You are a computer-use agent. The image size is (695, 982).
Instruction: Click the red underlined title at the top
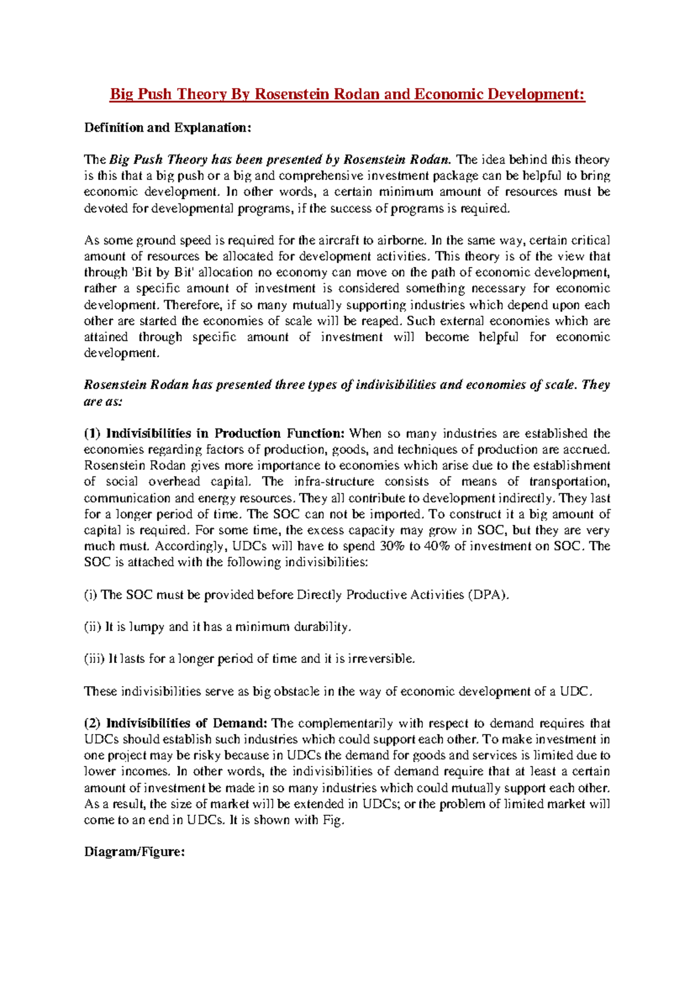click(x=348, y=94)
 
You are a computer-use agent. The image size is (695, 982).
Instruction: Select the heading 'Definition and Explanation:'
click(x=168, y=127)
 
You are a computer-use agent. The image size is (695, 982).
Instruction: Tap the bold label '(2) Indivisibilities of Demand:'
click(x=175, y=723)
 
